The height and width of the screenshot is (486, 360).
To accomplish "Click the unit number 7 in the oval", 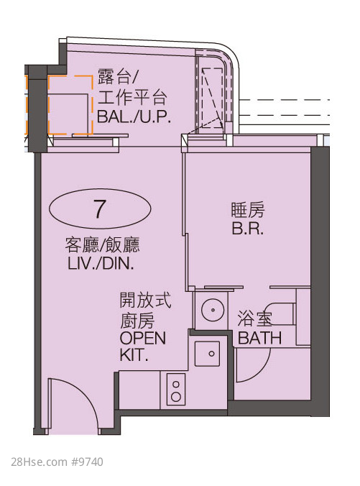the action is [x=99, y=208].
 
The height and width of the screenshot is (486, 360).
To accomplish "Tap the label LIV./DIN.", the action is [x=101, y=264].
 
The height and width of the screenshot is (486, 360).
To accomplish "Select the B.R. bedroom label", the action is [x=247, y=229].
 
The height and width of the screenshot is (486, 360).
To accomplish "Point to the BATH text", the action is [x=259, y=338].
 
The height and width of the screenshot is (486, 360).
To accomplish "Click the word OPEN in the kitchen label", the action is [x=143, y=338].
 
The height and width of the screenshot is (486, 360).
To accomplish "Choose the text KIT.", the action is [x=134, y=355].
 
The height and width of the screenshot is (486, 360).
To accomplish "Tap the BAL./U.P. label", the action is [x=134, y=117].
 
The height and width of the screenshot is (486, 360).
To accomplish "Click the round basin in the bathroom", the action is [x=213, y=310].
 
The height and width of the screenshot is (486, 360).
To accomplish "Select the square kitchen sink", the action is [x=207, y=354].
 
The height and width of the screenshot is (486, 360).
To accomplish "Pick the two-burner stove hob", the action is [x=176, y=389].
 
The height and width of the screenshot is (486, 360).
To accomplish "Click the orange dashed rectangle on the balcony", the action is [x=70, y=105].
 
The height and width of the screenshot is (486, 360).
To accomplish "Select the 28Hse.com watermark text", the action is [x=39, y=462].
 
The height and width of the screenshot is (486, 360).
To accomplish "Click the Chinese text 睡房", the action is [x=248, y=210].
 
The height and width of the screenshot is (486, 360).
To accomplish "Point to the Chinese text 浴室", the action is [x=254, y=319].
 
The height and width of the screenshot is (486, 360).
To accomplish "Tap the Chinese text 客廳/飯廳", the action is [x=103, y=245].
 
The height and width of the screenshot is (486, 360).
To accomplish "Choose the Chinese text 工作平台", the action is [x=133, y=97].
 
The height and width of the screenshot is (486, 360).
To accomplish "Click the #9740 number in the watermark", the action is [x=87, y=462].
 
